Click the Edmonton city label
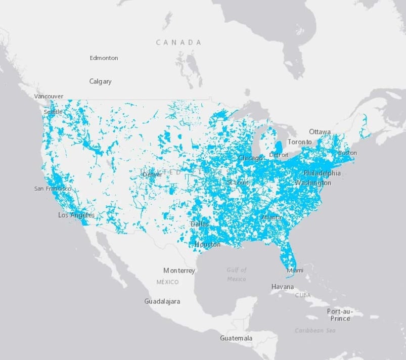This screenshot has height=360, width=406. click(104, 58)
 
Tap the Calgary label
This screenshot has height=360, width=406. click(100, 81)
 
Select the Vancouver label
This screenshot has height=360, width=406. click(49, 96)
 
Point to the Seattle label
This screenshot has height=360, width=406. click(53, 112)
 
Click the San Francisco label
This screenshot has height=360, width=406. click(53, 189)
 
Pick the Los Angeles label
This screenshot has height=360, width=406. click(76, 215)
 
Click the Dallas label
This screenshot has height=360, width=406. click(200, 224)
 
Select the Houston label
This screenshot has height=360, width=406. click(208, 245)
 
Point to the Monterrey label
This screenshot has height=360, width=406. click(179, 271)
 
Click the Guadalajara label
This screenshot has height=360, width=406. click(162, 301)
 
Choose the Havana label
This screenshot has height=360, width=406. click(282, 287)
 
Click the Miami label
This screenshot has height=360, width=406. click(295, 271)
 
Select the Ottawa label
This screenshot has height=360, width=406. click(320, 132)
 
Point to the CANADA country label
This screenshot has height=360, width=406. click(178, 42)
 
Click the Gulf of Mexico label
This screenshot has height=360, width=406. click(237, 275)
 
